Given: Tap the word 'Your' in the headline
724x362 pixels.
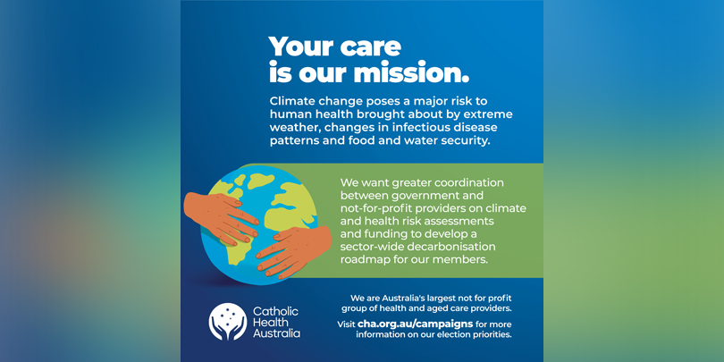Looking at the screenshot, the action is tap(299, 46).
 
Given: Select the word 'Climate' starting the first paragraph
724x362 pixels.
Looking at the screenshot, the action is tap(290, 100).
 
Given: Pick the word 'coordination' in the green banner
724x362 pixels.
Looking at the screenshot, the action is tap(471, 182).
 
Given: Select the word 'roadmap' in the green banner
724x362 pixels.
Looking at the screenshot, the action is tap(361, 259).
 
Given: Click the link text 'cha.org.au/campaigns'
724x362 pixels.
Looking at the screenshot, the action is tap(415, 324).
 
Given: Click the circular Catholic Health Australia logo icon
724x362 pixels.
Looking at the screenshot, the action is tap(228, 322).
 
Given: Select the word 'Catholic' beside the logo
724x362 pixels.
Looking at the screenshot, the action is tap(275, 311).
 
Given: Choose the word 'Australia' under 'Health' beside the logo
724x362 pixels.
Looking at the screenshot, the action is tap(276, 333).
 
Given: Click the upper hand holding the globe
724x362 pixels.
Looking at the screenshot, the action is tap(221, 217).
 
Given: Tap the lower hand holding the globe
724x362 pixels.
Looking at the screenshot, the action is tap(294, 251).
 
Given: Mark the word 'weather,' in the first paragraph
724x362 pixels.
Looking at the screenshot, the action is tap(290, 128).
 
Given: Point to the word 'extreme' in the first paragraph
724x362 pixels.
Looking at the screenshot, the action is tap(492, 114).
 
